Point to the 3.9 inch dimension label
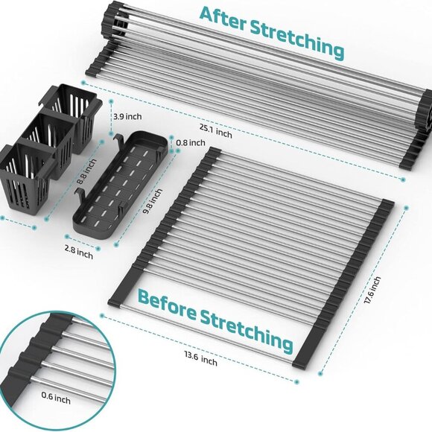pyautogui.click(x=127, y=116)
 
